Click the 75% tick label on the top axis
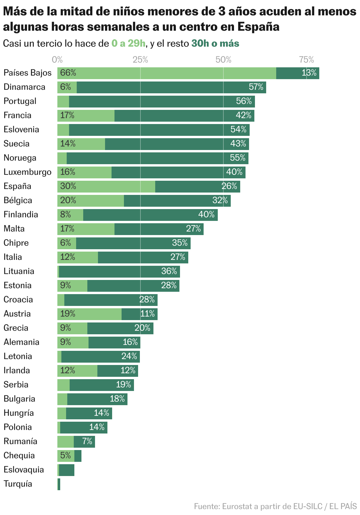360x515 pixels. tap(307, 60)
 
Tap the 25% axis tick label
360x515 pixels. tap(140, 60)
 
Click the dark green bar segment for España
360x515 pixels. tap(197, 187)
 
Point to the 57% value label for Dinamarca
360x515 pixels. tap(256, 87)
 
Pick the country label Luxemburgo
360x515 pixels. tap(27, 172)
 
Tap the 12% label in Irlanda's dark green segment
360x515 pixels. tap(128, 371)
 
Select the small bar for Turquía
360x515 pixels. tap(59, 484)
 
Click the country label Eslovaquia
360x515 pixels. tap(24, 470)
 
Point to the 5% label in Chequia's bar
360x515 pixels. tap(66, 456)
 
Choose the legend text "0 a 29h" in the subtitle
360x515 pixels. tap(129, 44)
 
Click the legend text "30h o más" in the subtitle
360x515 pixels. tap(215, 44)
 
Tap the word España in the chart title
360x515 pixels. tap(258, 27)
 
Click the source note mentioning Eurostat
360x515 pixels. tap(275, 506)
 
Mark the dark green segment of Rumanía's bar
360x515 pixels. tap(84, 442)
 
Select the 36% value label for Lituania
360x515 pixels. tap(169, 271)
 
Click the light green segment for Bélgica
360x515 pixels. tap(91, 201)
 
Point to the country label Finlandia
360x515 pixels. tap(21, 215)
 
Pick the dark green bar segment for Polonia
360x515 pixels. tap(84, 428)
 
